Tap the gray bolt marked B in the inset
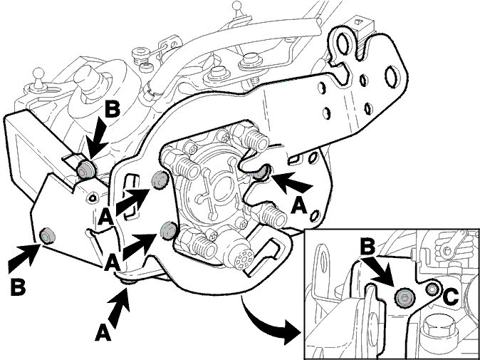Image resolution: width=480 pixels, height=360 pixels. click(404, 297)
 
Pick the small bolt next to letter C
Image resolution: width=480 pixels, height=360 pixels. click(432, 289)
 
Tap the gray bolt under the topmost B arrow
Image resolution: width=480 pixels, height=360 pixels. click(85, 169)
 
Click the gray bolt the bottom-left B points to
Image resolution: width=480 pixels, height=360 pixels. click(48, 236)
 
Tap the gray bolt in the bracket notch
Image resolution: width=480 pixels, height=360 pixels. click(262, 173)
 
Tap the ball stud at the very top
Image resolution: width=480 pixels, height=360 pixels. click(237, 6)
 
